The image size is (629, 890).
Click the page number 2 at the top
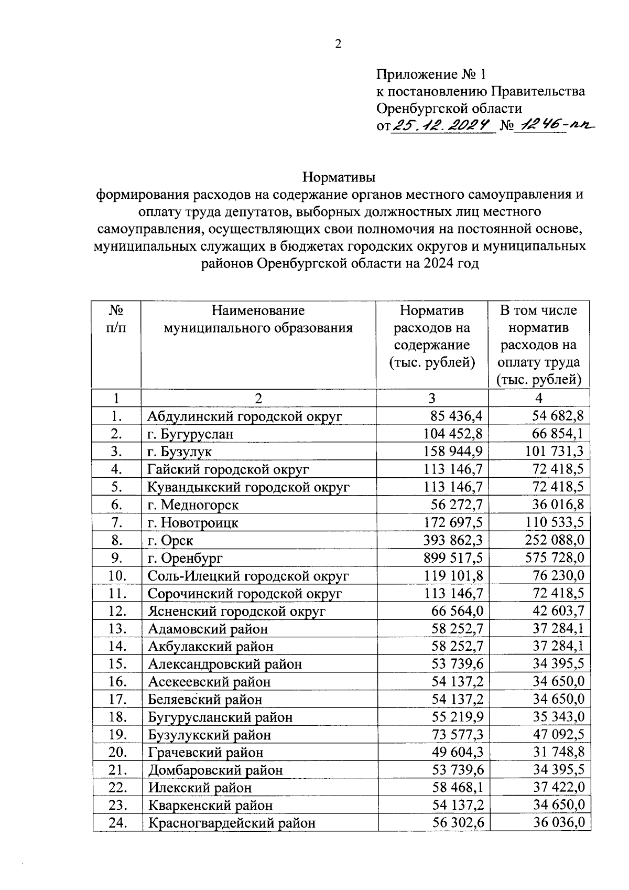338,44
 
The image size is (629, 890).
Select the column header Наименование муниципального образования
258,319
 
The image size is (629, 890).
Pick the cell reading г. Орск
170,540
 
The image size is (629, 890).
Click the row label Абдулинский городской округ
245,416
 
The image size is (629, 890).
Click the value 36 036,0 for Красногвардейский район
558,822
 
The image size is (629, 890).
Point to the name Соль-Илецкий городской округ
248,576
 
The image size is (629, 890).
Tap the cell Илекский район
200,788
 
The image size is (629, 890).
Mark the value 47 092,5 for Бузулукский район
558,734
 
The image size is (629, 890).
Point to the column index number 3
432,398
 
